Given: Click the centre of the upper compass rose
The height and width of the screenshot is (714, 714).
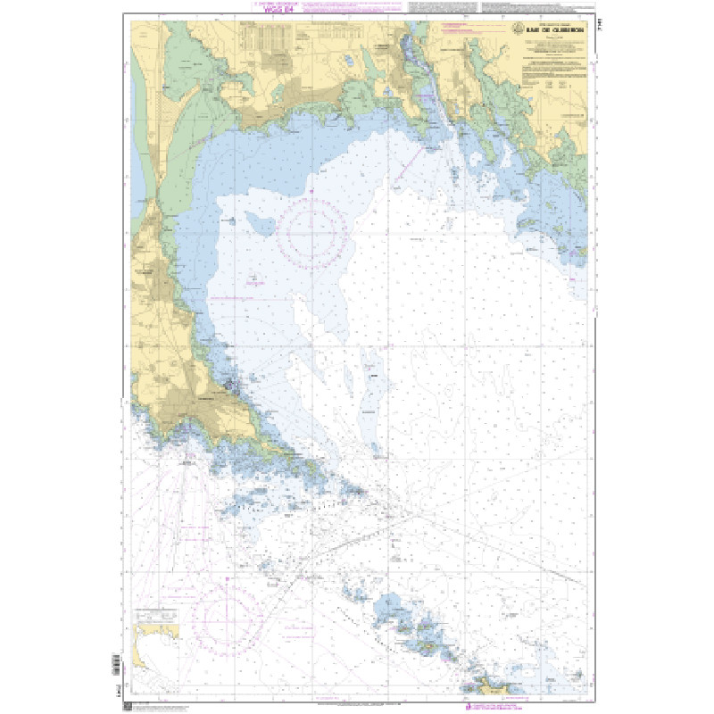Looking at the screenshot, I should (x=311, y=235).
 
